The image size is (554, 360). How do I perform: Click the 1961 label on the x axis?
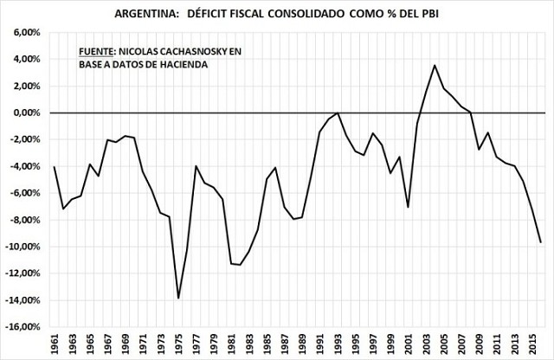(54, 344)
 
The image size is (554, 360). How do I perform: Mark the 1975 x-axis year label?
(178, 344)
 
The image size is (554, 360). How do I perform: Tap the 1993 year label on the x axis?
(338, 344)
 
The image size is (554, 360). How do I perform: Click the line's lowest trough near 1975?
(178, 298)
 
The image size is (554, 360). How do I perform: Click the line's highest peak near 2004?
(435, 65)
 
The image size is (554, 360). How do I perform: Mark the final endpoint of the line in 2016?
(541, 242)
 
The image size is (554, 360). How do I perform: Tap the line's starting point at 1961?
(54, 166)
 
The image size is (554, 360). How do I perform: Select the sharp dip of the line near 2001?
(409, 208)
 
